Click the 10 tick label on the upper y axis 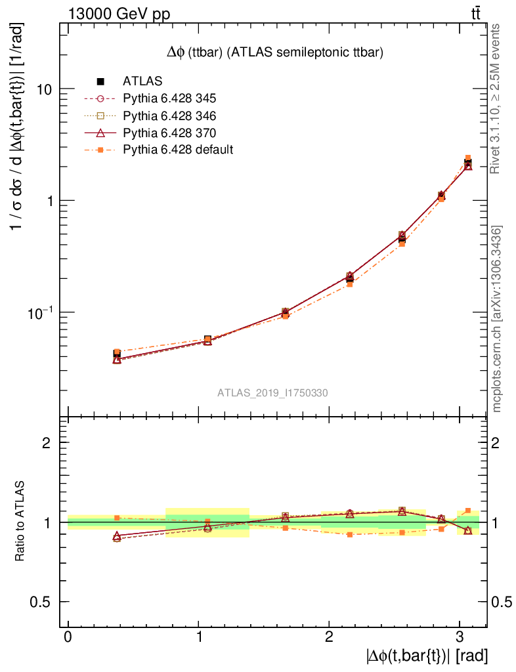43,89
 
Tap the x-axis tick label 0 68,639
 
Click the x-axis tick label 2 329,639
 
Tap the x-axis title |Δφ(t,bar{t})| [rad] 427,656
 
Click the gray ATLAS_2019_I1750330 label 272,393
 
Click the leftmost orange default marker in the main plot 117,352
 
